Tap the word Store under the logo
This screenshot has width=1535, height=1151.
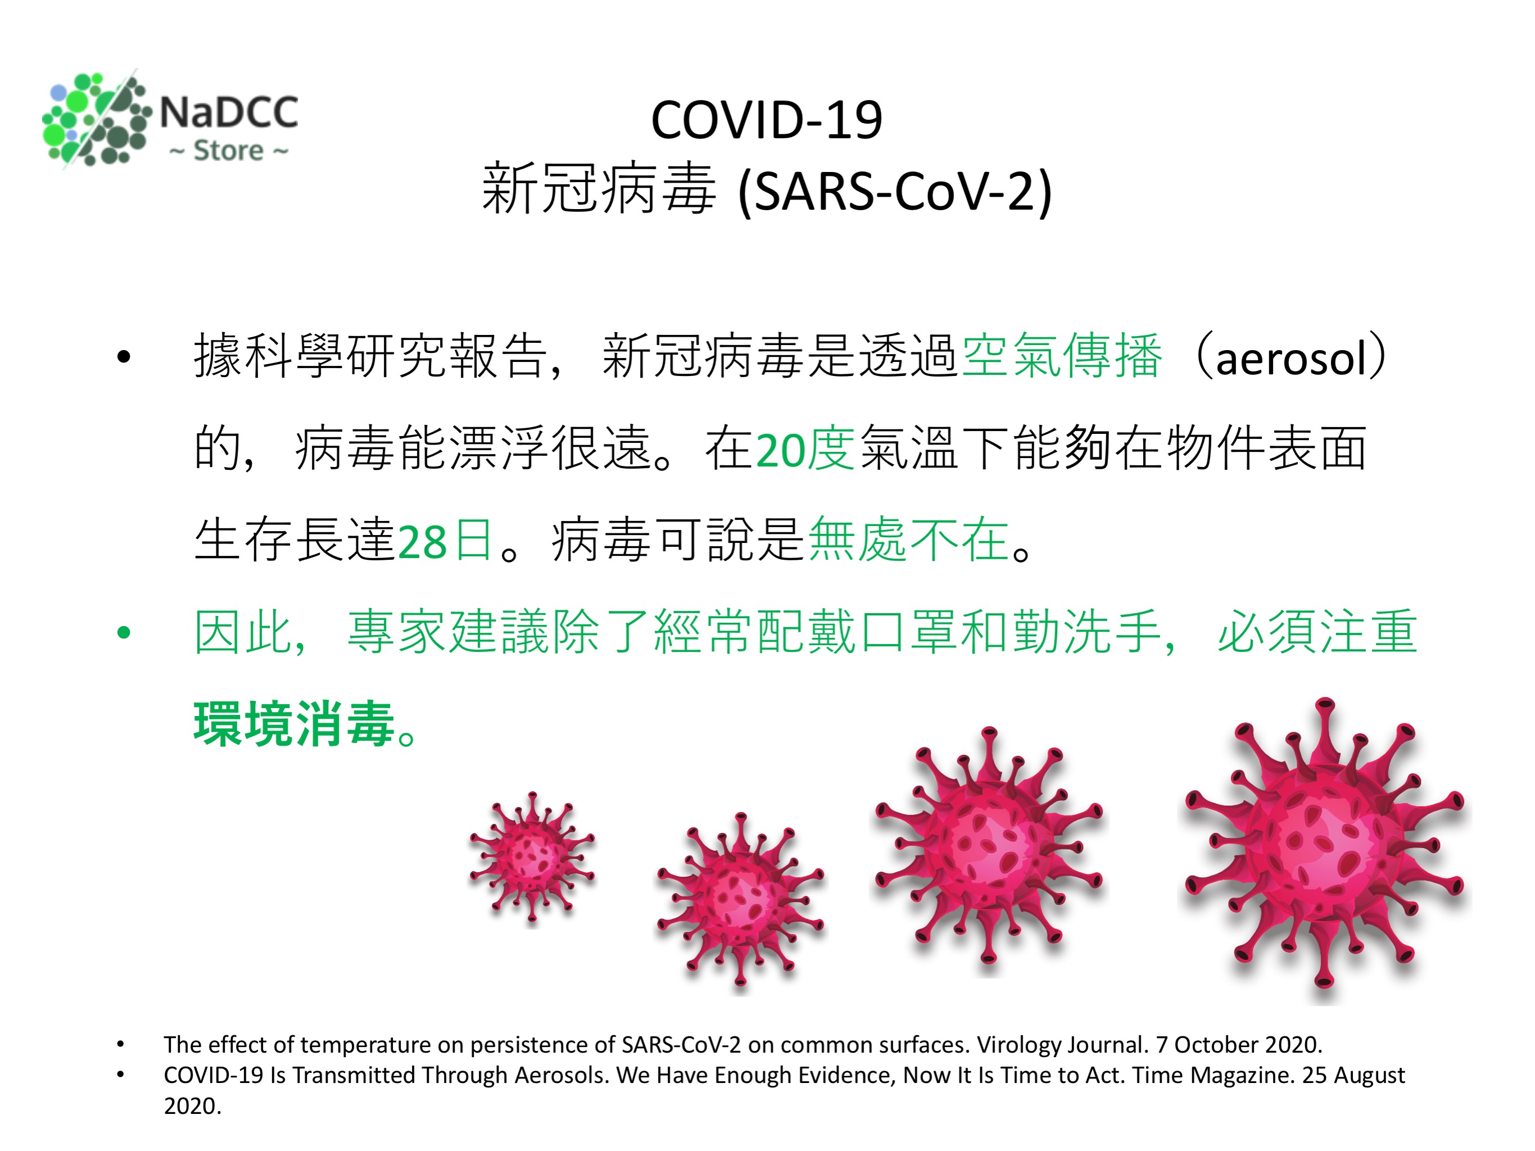pyautogui.click(x=228, y=151)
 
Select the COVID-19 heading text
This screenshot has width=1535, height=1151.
pyautogui.click(x=767, y=120)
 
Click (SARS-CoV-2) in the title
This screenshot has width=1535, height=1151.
pyautogui.click(x=895, y=192)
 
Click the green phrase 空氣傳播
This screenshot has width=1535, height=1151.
pyautogui.click(x=1062, y=356)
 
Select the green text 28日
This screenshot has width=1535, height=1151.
pyautogui.click(x=445, y=541)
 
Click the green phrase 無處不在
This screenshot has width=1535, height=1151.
pyautogui.click(x=908, y=539)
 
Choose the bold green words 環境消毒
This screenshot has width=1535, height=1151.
pyautogui.click(x=295, y=724)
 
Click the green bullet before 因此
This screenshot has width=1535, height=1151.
pyautogui.click(x=124, y=632)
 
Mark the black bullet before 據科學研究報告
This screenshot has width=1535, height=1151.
pyautogui.click(x=124, y=357)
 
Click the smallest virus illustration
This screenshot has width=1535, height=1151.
pyautogui.click(x=532, y=858)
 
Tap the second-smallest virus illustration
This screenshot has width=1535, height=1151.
pyautogui.click(x=740, y=900)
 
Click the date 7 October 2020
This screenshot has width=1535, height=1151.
pyautogui.click(x=1239, y=1045)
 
